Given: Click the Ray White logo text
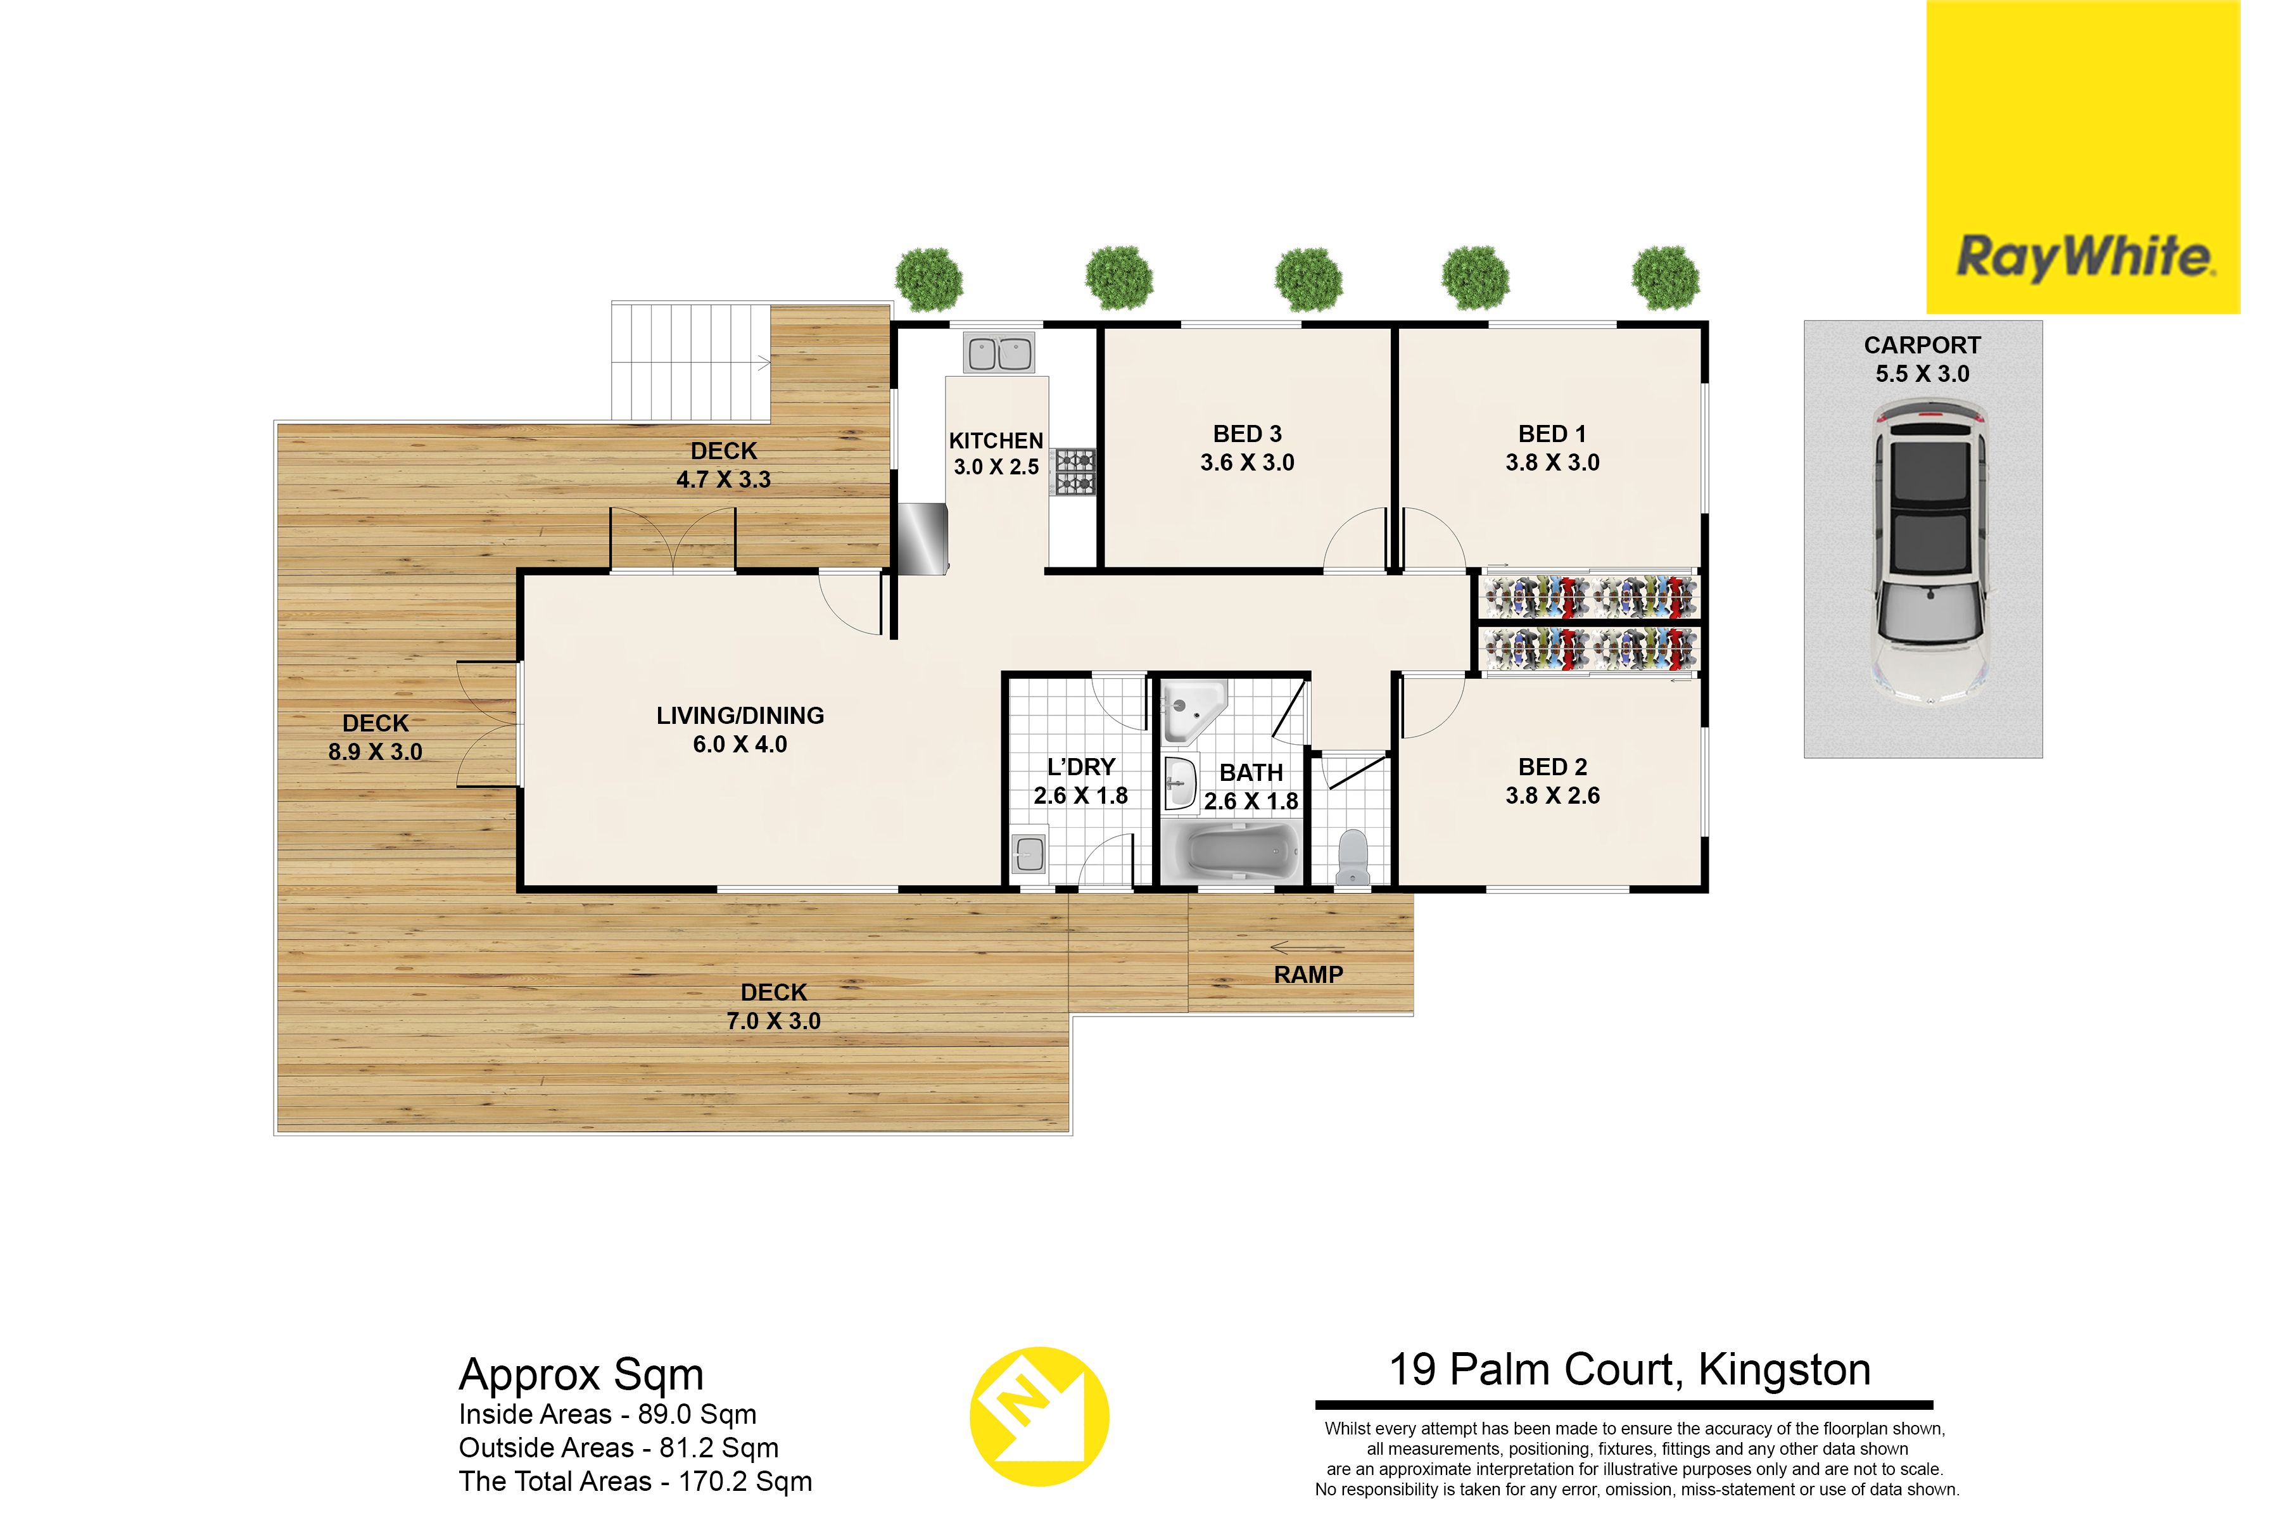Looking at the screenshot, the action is click(2085, 257).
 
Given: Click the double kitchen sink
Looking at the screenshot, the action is click(999, 354).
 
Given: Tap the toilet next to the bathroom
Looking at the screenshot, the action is click(1352, 857).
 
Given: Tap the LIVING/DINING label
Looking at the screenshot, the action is click(740, 716).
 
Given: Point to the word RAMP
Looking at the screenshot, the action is click(1308, 975).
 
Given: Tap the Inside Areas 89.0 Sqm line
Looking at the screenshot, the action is click(608, 1414).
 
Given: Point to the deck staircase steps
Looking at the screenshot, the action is click(690, 362).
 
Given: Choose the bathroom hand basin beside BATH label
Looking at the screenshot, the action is click(1179, 783).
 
